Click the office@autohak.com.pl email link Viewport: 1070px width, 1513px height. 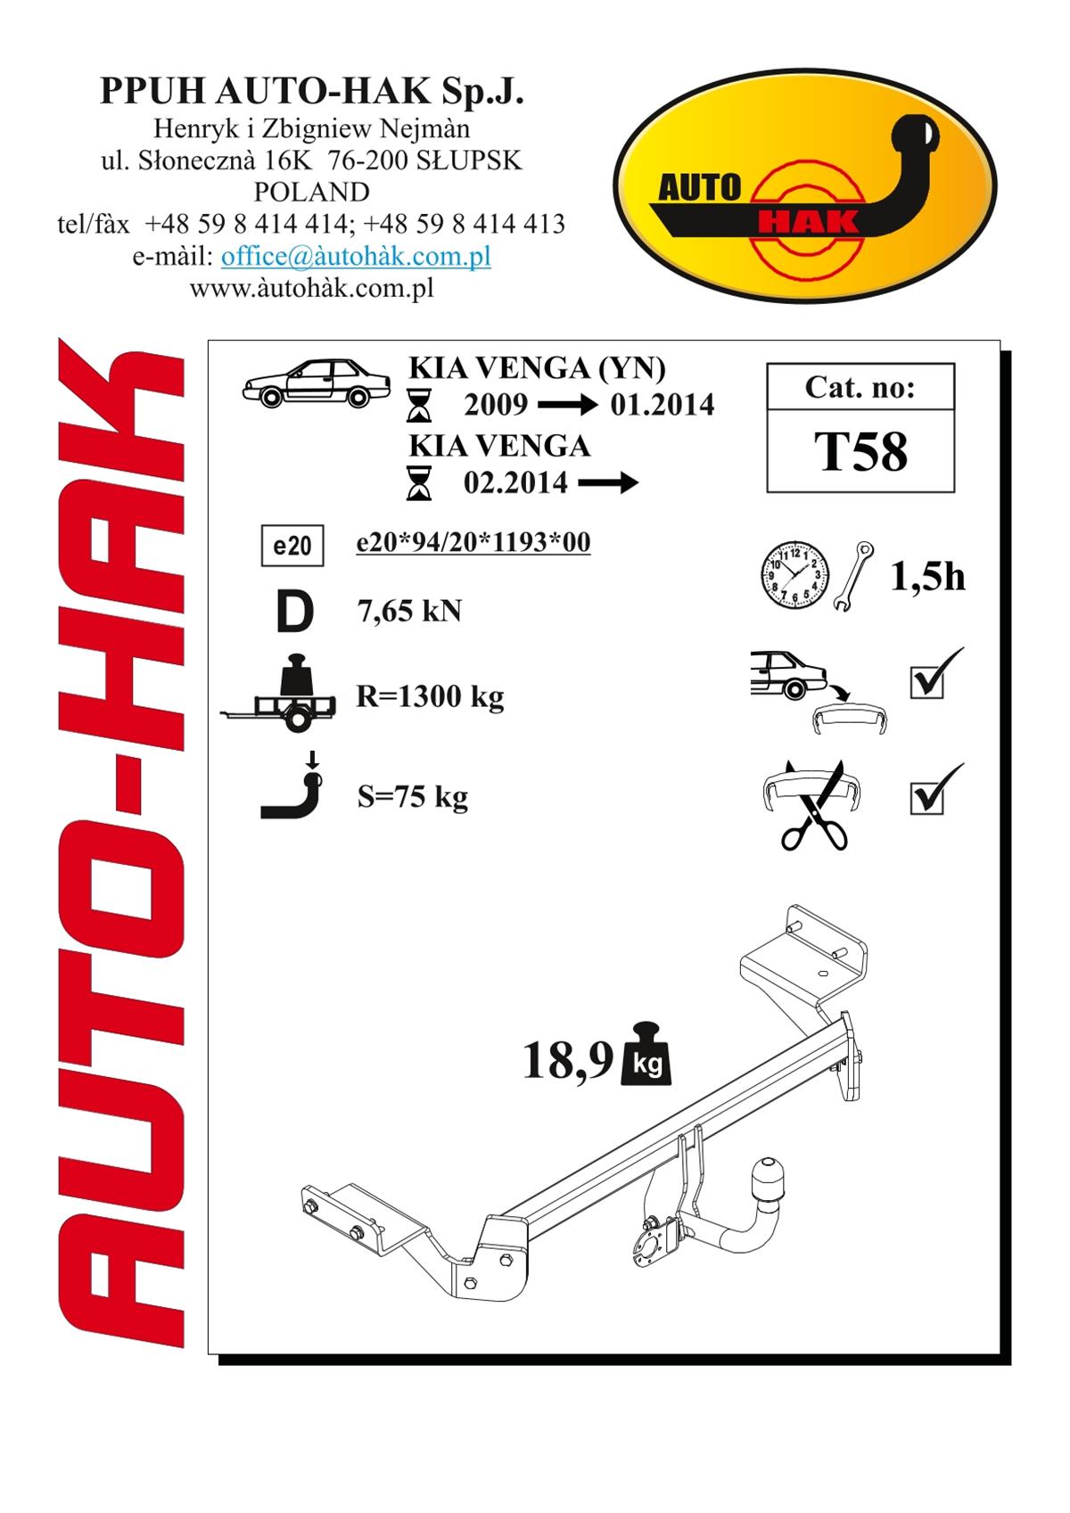point(355,256)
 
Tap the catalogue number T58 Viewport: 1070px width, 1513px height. point(860,451)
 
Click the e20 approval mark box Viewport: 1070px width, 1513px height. point(292,545)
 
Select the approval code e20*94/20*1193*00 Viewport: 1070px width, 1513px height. point(473,542)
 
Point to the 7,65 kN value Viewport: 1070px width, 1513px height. point(409,612)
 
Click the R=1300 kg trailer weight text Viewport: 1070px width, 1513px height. point(431,696)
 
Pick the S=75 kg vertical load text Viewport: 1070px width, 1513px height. point(412,797)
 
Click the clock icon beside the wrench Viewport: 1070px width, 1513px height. point(795,575)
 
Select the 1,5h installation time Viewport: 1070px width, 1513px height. point(927,577)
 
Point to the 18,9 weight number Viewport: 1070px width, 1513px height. point(567,1059)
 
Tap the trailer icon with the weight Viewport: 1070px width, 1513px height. point(278,693)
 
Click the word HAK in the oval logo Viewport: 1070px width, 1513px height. point(808,221)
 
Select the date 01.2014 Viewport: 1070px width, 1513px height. point(662,405)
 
